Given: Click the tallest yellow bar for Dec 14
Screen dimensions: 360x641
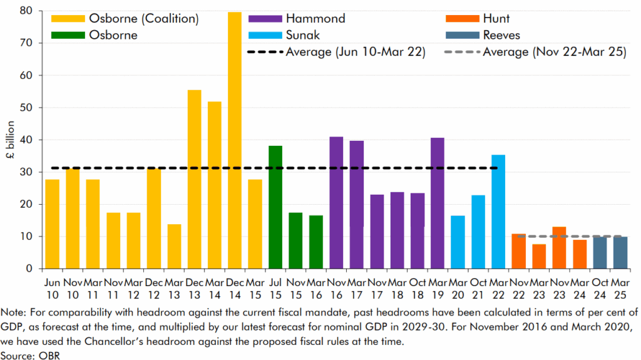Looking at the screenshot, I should (235, 140).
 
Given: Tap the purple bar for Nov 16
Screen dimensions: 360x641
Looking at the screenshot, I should (336, 203).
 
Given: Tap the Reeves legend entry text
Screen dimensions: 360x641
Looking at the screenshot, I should (501, 35).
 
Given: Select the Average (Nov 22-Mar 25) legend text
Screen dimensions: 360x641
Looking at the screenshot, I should (555, 52).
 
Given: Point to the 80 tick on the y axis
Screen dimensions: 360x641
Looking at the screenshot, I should (28, 11).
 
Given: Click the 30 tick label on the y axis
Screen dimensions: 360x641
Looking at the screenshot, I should (28, 172).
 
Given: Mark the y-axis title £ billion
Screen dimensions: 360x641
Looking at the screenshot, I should (11, 140).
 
